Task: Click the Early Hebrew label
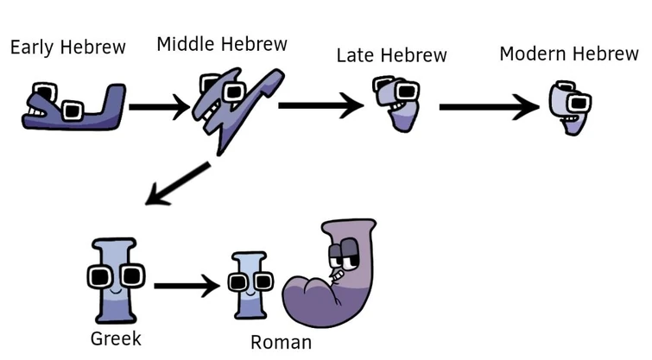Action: [67, 47]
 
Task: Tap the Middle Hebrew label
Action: [222, 44]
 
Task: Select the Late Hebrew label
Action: [392, 56]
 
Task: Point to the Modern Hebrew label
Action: [568, 54]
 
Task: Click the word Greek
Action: [115, 338]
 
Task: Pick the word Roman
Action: [281, 343]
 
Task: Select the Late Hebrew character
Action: [395, 104]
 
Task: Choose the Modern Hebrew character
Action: [571, 108]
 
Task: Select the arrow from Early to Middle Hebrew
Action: [158, 108]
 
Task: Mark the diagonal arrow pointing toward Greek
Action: [177, 184]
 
